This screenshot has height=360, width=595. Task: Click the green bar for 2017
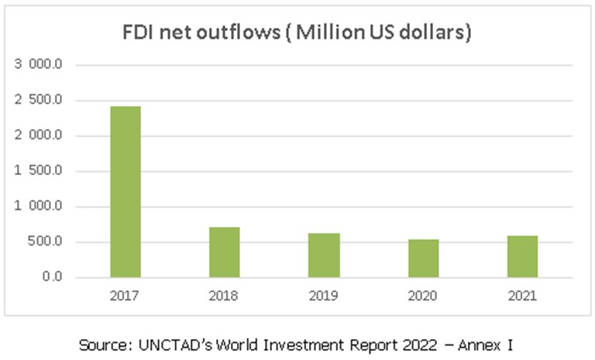point(126,191)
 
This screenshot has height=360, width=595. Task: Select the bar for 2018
point(225,252)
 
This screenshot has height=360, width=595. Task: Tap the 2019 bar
point(324,255)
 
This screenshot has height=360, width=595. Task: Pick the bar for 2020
point(423,258)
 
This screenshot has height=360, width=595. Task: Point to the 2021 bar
point(522,256)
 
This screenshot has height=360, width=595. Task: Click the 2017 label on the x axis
point(126,296)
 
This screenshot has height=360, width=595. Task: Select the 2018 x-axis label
point(225,296)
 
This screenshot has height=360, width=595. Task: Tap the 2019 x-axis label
point(324,296)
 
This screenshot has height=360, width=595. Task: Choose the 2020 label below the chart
point(423,296)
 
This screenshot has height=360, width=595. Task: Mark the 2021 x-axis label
point(522,296)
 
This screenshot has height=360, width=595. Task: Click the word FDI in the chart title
point(139,34)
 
